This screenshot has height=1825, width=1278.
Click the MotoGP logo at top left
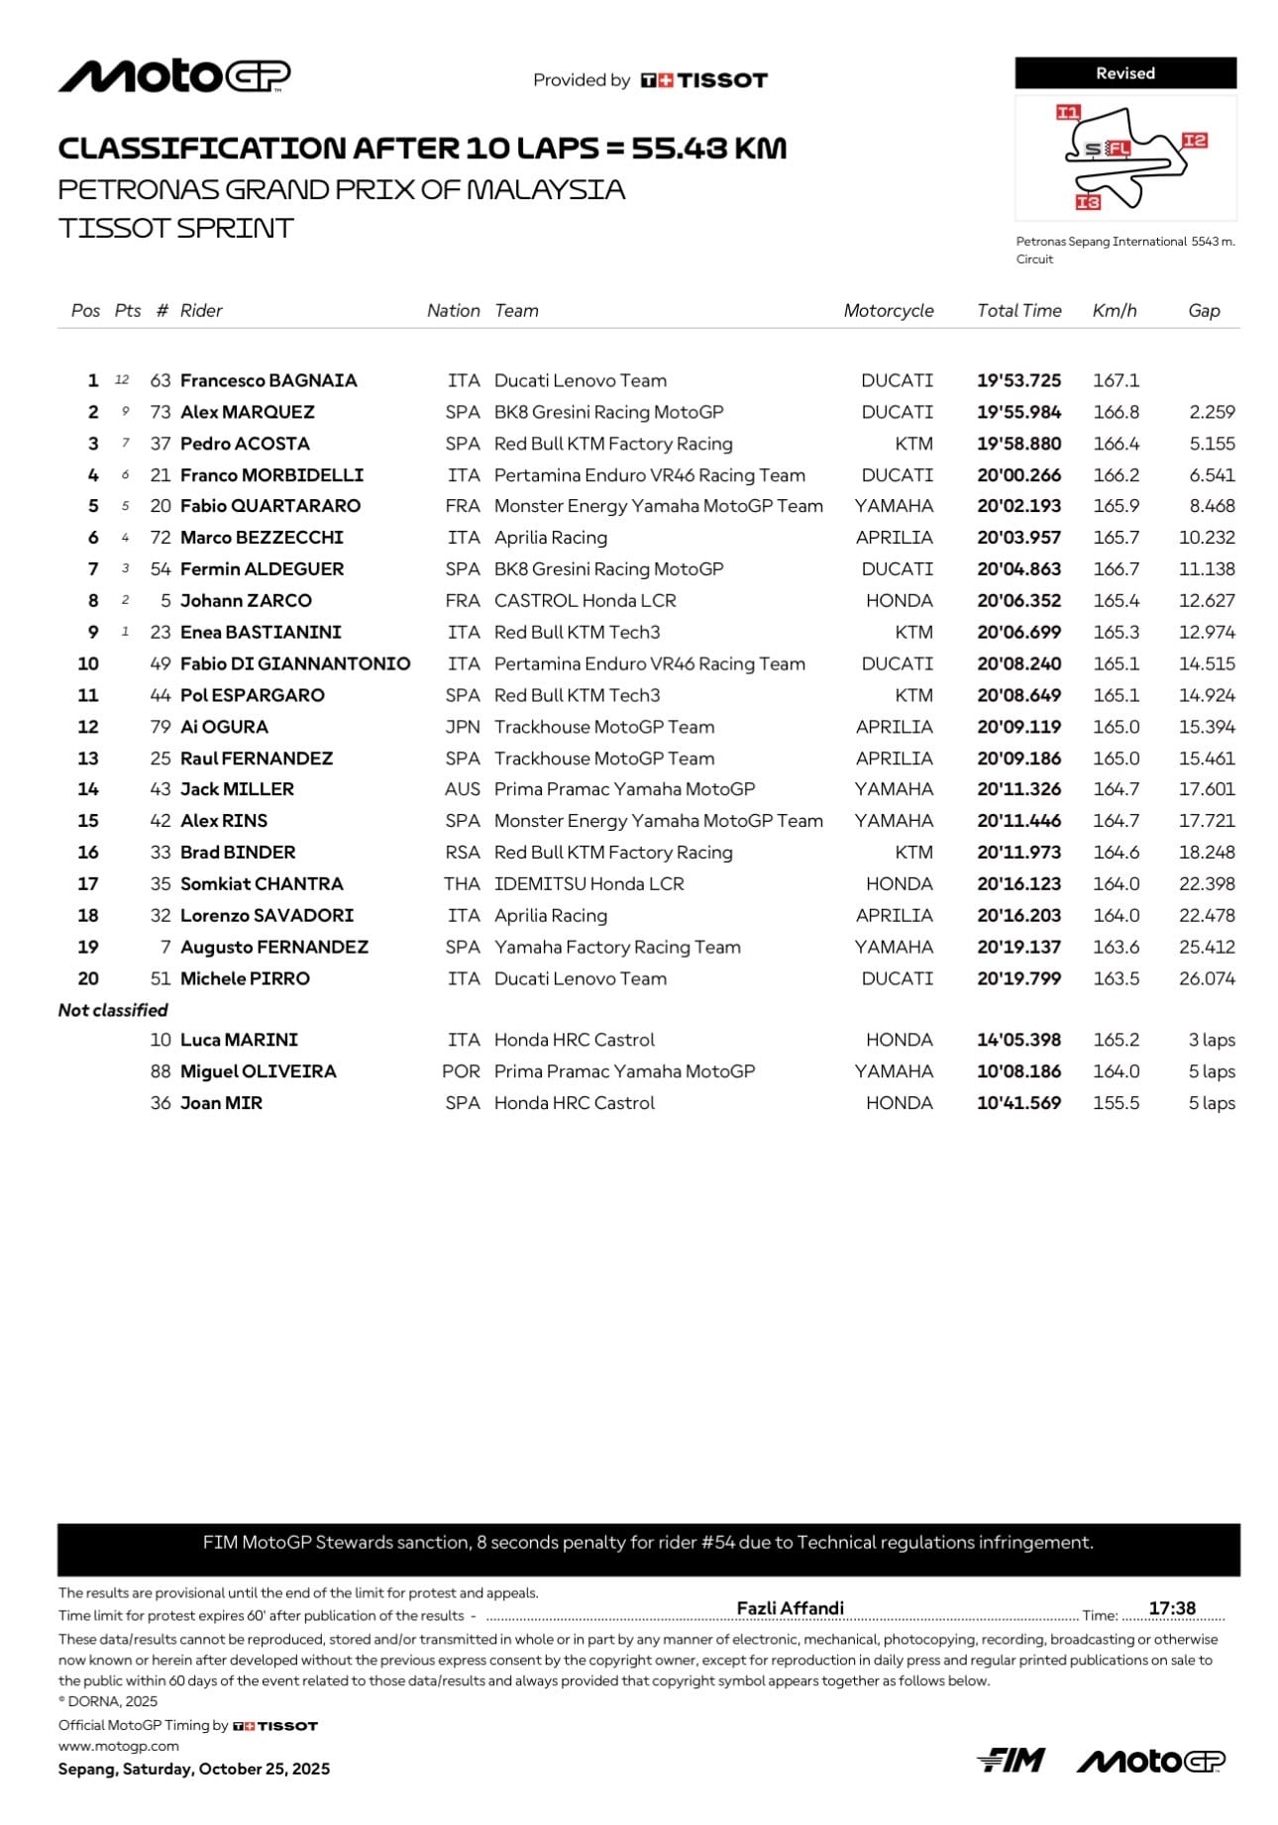click(x=174, y=76)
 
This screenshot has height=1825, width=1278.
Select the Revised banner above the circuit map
click(x=1124, y=73)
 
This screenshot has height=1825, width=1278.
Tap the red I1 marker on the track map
click(x=1067, y=112)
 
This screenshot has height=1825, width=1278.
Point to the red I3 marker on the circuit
click(x=1088, y=202)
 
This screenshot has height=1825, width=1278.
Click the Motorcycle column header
click(x=888, y=310)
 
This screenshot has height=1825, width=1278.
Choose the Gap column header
click(x=1204, y=310)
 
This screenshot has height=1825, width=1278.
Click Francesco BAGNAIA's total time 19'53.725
click(x=1018, y=380)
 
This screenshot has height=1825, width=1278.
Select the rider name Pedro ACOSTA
click(x=245, y=444)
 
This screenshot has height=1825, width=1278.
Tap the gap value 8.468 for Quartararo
click(x=1212, y=506)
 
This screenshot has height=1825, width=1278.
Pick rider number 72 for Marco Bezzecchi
click(x=160, y=538)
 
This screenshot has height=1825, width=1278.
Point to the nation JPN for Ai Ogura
click(x=463, y=727)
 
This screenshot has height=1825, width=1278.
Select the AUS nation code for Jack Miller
click(x=463, y=789)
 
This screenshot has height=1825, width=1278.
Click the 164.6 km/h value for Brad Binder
click(x=1116, y=853)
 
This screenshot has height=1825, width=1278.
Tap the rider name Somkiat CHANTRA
click(x=262, y=884)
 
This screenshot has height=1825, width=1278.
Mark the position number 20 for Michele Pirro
click(x=88, y=978)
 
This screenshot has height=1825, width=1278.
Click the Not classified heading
click(x=113, y=1010)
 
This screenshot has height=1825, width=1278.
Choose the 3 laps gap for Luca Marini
click(x=1211, y=1040)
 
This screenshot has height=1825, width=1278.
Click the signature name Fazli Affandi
click(x=790, y=1608)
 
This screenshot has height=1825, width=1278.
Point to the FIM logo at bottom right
click(x=1011, y=1760)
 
